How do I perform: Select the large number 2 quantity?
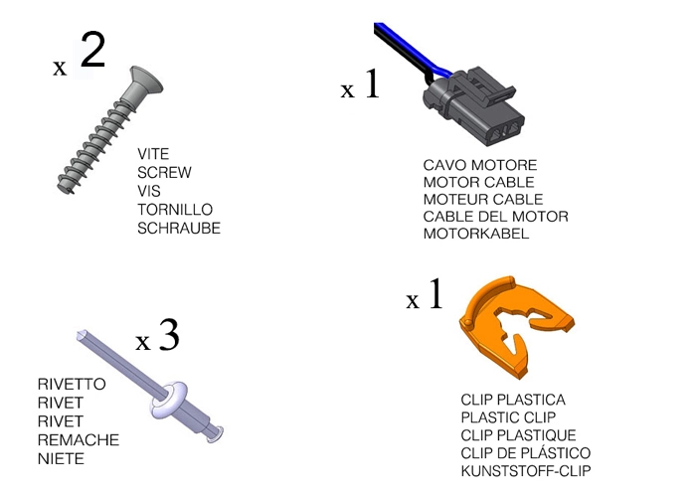91,52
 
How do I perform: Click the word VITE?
153,154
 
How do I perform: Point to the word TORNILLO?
174,210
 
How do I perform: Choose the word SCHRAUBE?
179,228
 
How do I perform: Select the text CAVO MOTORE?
480,165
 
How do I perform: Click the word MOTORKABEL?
476,235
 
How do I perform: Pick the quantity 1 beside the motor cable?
371,85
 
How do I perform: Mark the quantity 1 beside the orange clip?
435,296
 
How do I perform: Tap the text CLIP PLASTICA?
513,400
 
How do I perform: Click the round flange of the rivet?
170,398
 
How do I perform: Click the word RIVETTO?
71,384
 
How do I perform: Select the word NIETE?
61,458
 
